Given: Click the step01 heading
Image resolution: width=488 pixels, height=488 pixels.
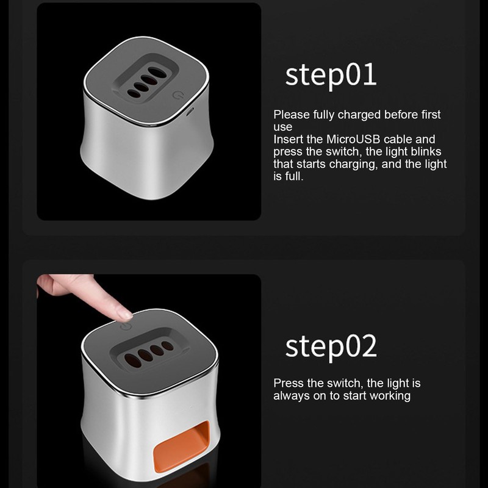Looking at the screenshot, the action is click(331, 76).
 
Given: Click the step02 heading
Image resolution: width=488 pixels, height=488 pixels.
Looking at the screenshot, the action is click(331, 347).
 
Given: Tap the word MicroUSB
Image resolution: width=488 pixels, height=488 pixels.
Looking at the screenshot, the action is click(353, 139).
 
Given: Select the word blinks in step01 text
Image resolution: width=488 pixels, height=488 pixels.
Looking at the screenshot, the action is click(426, 151).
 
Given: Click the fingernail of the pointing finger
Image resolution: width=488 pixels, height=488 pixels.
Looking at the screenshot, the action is click(124, 315).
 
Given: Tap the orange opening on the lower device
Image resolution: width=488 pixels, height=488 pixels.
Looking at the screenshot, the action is click(182, 446).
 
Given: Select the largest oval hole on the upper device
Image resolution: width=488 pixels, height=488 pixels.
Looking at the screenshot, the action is click(157, 73).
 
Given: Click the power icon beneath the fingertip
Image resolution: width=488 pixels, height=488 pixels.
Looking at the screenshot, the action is click(126, 326).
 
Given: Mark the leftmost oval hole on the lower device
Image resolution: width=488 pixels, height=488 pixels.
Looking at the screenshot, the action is click(132, 361).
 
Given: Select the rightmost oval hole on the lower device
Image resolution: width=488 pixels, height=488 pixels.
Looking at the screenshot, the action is click(167, 346).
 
